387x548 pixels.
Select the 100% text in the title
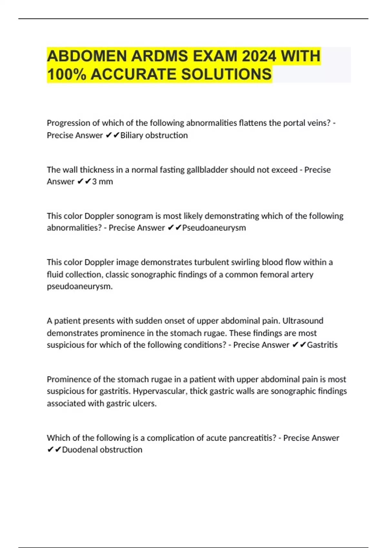pyautogui.click(x=67, y=74)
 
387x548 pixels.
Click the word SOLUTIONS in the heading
pyautogui.click(x=226, y=74)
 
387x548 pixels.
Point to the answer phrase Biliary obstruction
pyautogui.click(x=154, y=135)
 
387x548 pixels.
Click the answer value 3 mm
pyautogui.click(x=103, y=182)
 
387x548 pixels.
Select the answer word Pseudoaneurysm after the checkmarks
pyautogui.click(x=214, y=228)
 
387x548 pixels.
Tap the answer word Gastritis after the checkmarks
pyautogui.click(x=322, y=345)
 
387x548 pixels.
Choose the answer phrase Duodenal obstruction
pyautogui.click(x=102, y=450)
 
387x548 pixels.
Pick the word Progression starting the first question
pyautogui.click(x=68, y=123)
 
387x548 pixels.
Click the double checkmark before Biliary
pyautogui.click(x=112, y=135)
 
